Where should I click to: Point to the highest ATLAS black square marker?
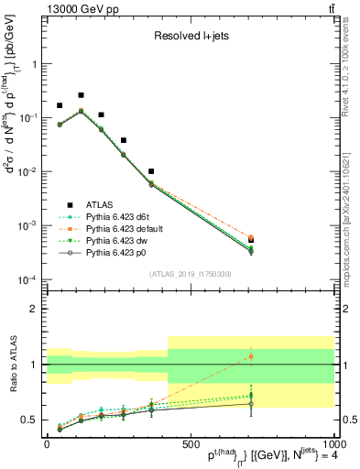[x=81, y=95]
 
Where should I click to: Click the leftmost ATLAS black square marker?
[x=60, y=106]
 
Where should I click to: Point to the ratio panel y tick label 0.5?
[x=31, y=420]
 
